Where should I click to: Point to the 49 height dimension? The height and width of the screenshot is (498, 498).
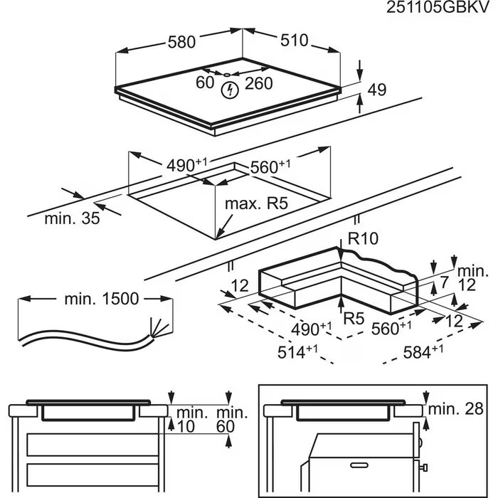tap(377, 90)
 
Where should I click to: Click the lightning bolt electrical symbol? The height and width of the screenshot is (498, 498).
tap(230, 90)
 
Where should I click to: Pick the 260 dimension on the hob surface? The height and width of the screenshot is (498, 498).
tap(260, 83)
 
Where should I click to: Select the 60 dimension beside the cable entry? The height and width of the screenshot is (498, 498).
tap(205, 83)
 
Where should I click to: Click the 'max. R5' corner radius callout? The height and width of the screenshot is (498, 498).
tap(255, 205)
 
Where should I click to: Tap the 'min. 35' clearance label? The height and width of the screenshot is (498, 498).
tap(72, 218)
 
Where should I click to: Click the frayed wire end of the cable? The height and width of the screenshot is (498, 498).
tap(159, 329)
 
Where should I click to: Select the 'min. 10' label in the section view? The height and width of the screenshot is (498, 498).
tap(191, 419)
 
